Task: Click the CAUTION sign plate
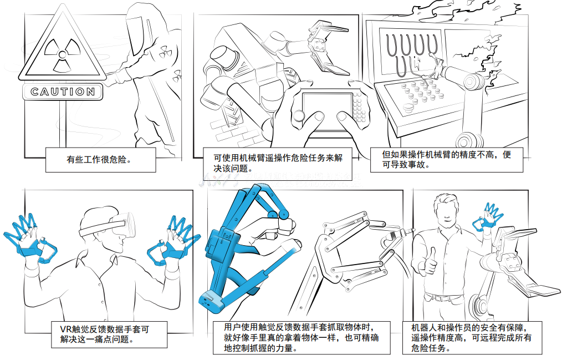(x=62, y=92)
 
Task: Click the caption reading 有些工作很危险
(x=99, y=159)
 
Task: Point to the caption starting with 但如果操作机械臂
(x=447, y=160)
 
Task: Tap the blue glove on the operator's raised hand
(x=489, y=218)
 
